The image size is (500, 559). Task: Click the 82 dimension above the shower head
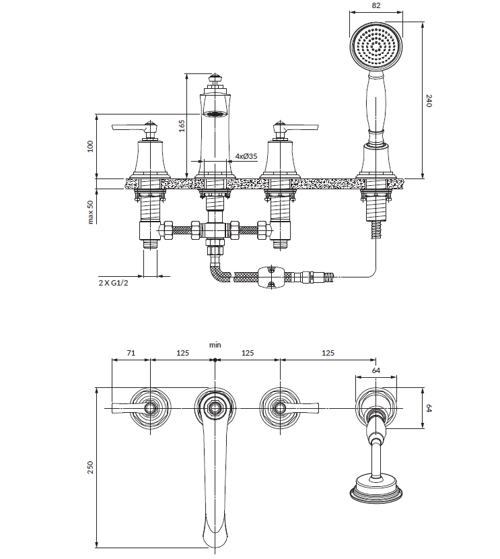(x=376, y=5)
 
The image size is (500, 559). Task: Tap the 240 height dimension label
(x=429, y=100)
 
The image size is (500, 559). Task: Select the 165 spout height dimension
(x=182, y=126)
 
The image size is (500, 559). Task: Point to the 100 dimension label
(x=90, y=146)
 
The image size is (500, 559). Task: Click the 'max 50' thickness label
(x=90, y=211)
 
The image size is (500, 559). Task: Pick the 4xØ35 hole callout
(x=246, y=156)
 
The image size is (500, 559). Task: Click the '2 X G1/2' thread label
(x=113, y=283)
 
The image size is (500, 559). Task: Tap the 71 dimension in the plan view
(x=131, y=353)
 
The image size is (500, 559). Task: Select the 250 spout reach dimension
(x=90, y=467)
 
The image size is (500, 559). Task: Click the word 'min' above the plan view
(x=215, y=345)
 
